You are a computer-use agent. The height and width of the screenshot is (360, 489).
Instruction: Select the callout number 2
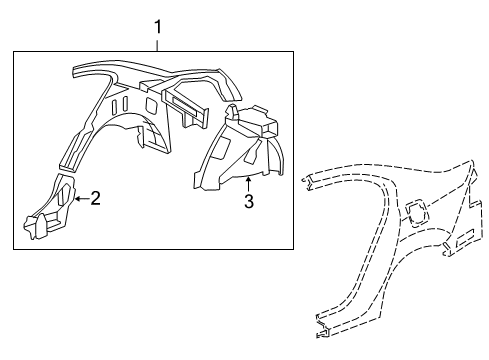tap(96, 198)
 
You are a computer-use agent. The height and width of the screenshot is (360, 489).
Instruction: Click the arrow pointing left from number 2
tap(79, 198)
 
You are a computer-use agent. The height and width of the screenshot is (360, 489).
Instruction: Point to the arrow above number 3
tap(248, 183)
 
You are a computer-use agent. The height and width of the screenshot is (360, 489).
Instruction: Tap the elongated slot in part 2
tap(66, 194)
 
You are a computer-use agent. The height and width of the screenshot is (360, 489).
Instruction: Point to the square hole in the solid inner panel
tap(148, 104)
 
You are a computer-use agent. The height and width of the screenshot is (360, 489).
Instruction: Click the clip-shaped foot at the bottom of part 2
tap(40, 228)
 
